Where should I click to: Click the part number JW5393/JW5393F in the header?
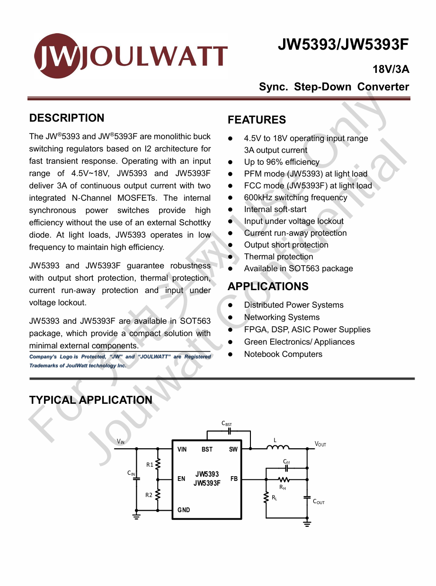(x=343, y=44)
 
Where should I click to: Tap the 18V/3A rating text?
(x=391, y=70)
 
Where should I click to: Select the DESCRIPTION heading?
(x=67, y=118)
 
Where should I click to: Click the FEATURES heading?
(x=257, y=120)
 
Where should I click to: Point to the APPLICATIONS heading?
(x=268, y=286)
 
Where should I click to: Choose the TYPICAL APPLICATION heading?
(x=91, y=400)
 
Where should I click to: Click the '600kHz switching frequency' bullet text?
(x=295, y=197)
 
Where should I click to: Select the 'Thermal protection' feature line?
(x=278, y=257)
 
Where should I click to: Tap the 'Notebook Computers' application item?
(x=283, y=354)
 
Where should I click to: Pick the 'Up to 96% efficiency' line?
(x=282, y=162)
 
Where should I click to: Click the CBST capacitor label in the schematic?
(x=227, y=424)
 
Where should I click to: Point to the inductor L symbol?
(x=278, y=447)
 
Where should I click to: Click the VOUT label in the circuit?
(x=320, y=444)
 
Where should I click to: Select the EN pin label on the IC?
(x=181, y=479)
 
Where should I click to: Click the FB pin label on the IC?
(x=234, y=479)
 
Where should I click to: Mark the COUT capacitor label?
(x=319, y=502)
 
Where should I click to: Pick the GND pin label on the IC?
(x=184, y=510)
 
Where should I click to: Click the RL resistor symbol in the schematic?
(x=266, y=498)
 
